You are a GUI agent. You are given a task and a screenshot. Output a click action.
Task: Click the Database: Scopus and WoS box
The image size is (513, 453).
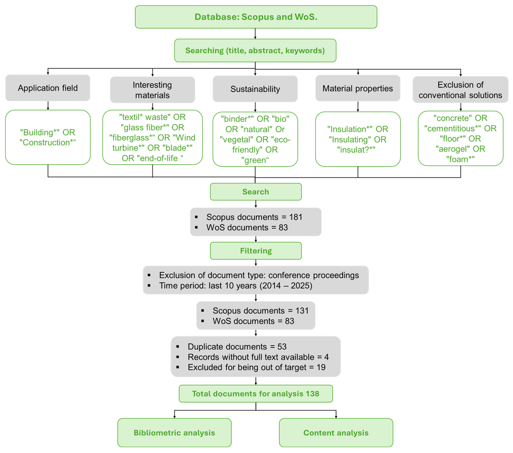pos(256,17)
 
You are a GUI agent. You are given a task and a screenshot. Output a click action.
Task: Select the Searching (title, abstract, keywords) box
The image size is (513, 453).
pos(255,50)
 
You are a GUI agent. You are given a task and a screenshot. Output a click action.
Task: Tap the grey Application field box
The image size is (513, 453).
pos(48,88)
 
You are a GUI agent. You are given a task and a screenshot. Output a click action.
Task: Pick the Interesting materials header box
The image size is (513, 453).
pos(152,90)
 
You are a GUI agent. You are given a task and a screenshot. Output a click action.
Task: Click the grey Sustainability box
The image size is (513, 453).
pos(255,89)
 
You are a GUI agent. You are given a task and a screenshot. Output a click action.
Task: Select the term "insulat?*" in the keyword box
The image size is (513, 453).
pos(356,150)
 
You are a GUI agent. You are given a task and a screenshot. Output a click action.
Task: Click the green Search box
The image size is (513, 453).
pos(255,192)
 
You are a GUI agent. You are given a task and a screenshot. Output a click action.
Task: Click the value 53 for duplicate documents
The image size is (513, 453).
pos(282,347)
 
